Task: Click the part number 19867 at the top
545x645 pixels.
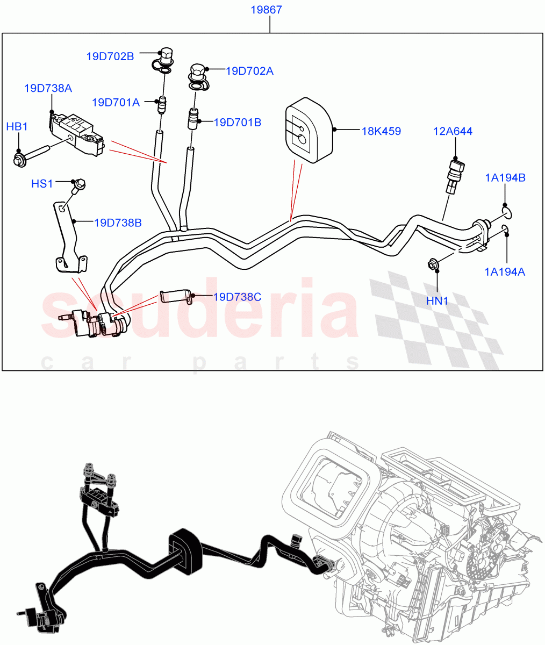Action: coord(267,10)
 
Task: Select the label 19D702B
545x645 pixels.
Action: coord(110,55)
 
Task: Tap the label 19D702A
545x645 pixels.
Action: coord(249,71)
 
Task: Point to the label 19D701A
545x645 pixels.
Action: coord(116,102)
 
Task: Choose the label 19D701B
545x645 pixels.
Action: coord(238,123)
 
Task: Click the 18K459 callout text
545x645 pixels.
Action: coord(381,131)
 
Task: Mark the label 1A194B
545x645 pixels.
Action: coord(506,178)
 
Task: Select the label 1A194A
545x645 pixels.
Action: coord(505,271)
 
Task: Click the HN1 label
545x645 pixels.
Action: coord(437,301)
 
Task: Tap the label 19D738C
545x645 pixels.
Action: coord(237,297)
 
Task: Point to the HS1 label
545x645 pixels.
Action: coord(42,184)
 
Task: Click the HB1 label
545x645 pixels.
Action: coord(17,126)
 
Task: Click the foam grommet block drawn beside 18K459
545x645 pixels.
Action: coord(309,129)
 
